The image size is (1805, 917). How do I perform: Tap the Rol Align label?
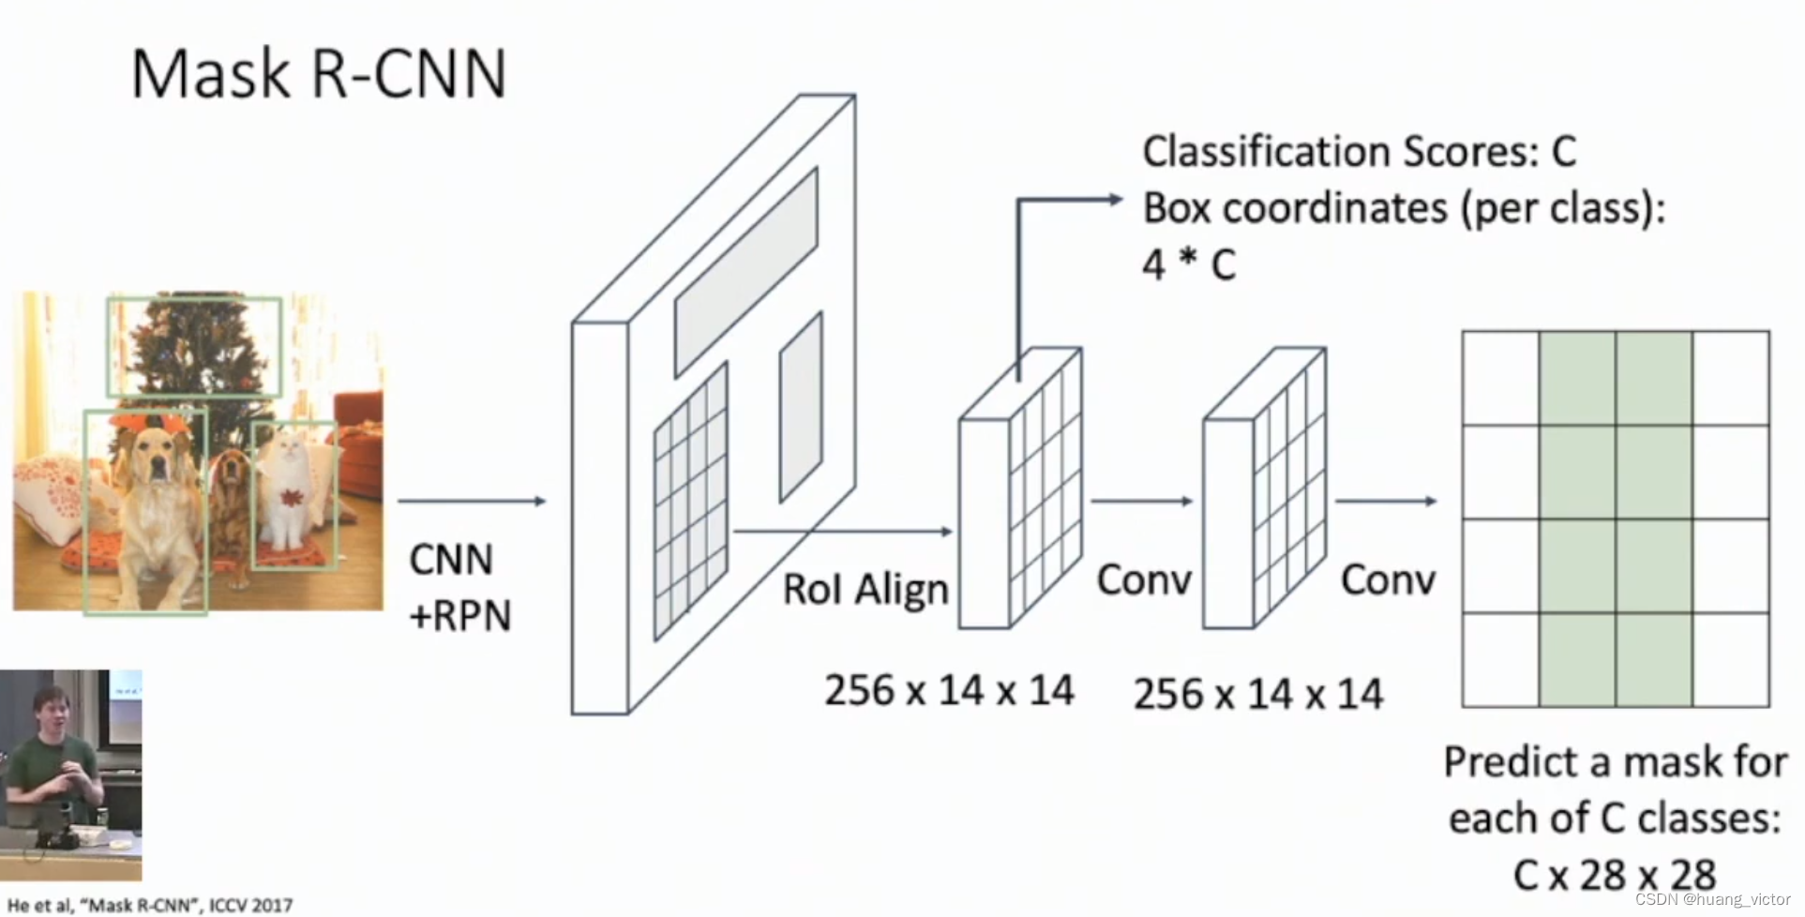[x=865, y=590]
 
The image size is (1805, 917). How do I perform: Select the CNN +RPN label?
[x=459, y=588]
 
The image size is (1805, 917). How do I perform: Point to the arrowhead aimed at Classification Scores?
[x=1115, y=199]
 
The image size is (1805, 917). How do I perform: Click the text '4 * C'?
[x=1188, y=264]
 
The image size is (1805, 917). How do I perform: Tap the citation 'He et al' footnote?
[x=150, y=905]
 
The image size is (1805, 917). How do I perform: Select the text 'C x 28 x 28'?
[x=1614, y=875]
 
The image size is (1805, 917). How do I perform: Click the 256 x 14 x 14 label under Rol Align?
[x=948, y=691]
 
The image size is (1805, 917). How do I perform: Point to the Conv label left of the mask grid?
[x=1388, y=580]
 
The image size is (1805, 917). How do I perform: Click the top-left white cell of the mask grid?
[x=1500, y=378]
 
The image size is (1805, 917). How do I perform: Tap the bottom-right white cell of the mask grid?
[x=1731, y=660]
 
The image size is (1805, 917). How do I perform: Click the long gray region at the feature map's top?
[x=746, y=272]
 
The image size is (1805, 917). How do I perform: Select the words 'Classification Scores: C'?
[x=1359, y=152]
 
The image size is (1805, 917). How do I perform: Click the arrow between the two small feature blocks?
[x=1141, y=502]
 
